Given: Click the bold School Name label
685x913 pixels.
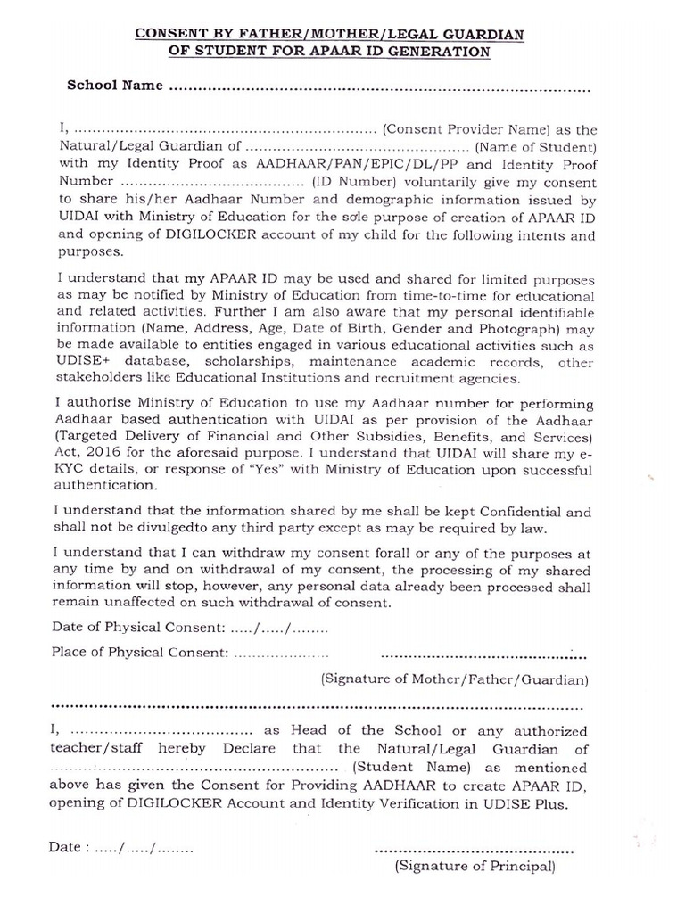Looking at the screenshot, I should (x=115, y=86).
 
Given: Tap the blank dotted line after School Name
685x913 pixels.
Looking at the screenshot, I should (x=379, y=89).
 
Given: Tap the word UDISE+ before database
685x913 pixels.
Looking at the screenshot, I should (x=79, y=362).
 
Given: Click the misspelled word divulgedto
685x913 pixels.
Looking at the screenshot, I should (x=160, y=530).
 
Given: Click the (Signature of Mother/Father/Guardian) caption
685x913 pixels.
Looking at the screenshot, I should (x=454, y=679).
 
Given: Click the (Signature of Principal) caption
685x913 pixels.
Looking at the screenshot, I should (x=475, y=865).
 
